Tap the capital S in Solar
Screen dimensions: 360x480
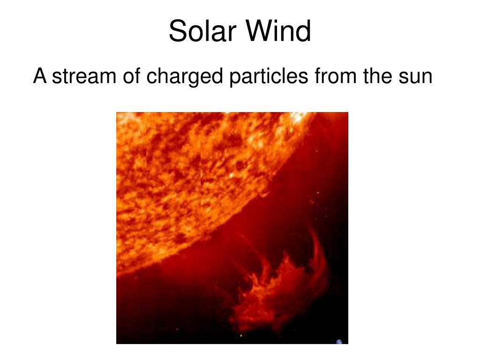click(x=176, y=32)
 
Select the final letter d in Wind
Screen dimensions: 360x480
click(x=303, y=32)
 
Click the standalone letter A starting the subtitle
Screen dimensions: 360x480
click(x=40, y=76)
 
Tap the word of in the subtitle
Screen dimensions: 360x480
click(x=132, y=76)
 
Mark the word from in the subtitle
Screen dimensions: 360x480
click(x=336, y=76)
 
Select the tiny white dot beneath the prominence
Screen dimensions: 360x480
click(x=241, y=335)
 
